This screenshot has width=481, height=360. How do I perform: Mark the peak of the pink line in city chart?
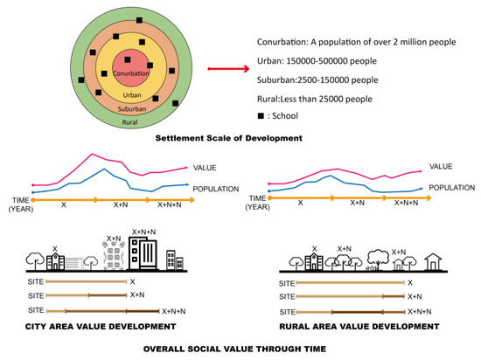pyautogui.click(x=92, y=154)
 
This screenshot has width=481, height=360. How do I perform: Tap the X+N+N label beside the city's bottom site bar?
pyautogui.click(x=177, y=311)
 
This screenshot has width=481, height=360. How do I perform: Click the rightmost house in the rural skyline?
pyautogui.click(x=432, y=262)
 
